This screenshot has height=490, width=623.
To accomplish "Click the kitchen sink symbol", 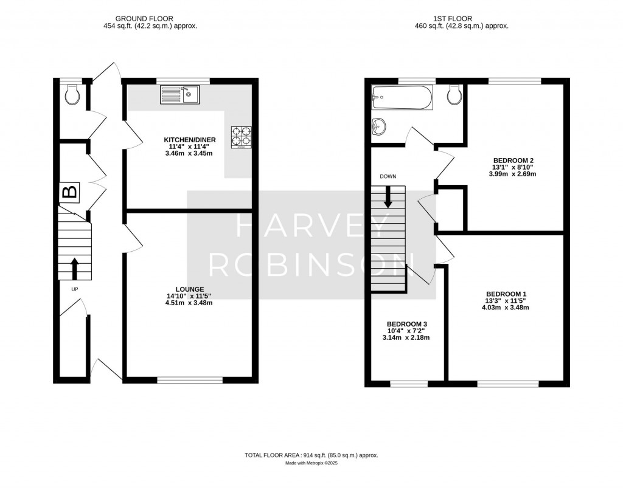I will (180, 94).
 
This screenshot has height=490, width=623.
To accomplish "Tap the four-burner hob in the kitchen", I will (242, 137).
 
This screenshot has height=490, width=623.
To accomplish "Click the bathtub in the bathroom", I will (402, 97).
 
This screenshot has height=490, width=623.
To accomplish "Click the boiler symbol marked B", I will (71, 193).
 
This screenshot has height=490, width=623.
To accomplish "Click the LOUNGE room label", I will (189, 289).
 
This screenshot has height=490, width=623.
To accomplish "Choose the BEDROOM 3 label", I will (406, 323).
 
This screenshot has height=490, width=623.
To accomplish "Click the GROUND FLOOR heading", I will (150, 19).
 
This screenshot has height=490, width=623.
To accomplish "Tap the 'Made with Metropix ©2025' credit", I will (311, 463).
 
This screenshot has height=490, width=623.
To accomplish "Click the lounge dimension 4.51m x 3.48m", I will (189, 303).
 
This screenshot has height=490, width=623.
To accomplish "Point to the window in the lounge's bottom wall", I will (189, 380).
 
